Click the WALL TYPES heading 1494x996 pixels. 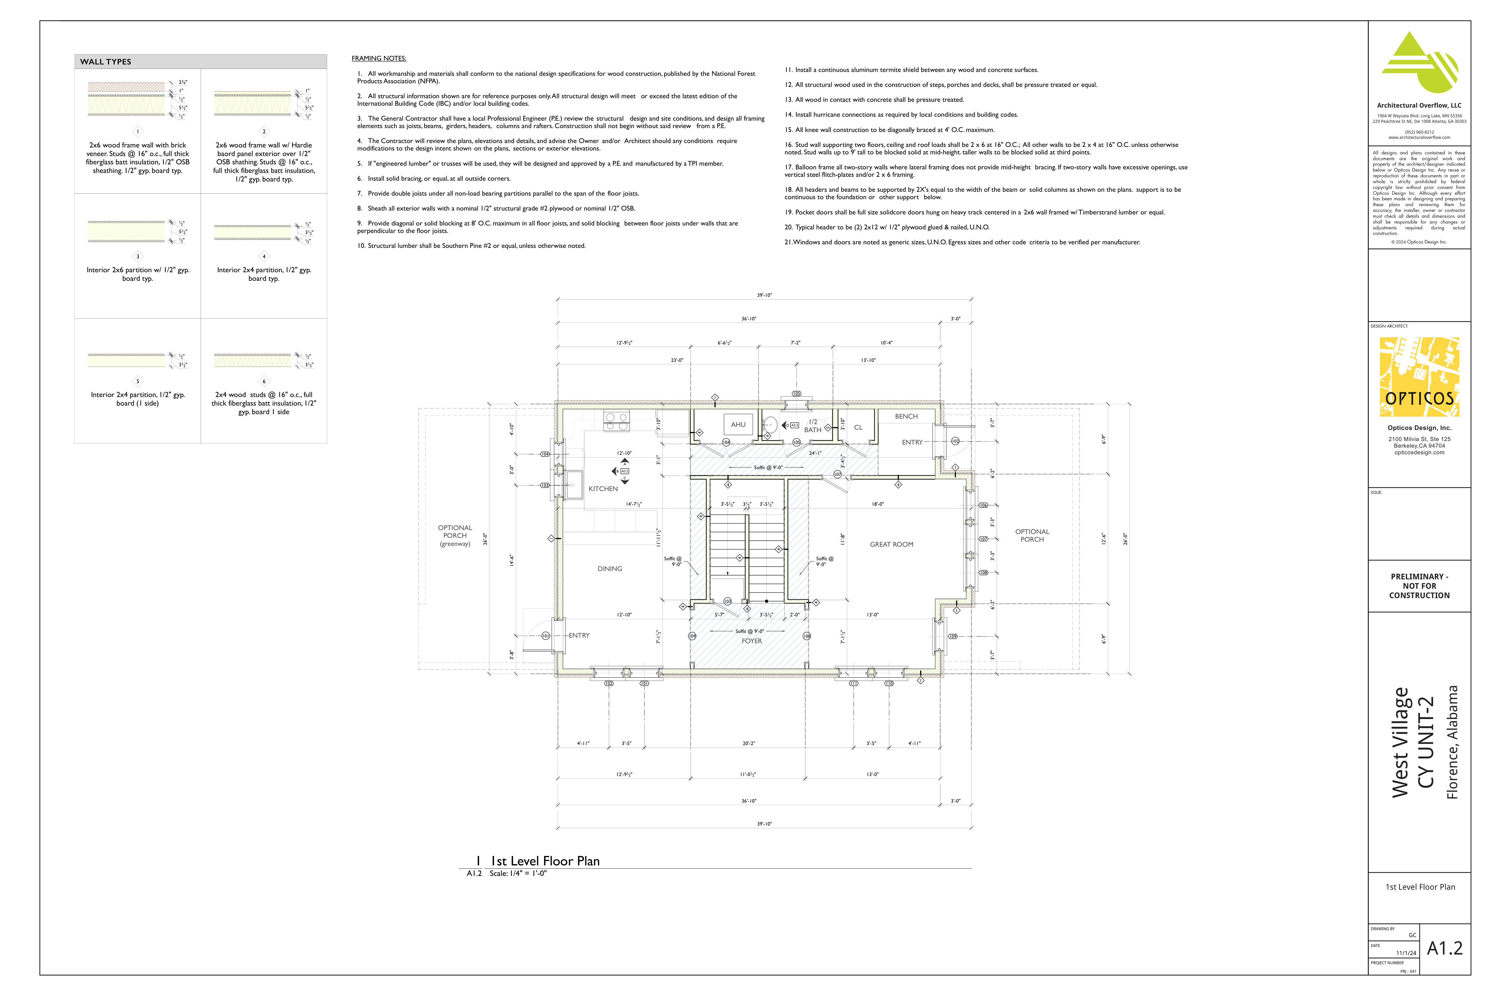[105, 62]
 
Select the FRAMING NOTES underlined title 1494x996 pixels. [379, 58]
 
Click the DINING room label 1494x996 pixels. [609, 569]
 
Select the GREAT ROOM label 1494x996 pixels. [891, 544]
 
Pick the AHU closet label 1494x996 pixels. [738, 424]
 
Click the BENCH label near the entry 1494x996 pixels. [906, 416]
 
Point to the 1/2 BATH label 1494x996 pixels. [813, 426]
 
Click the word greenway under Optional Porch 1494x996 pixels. [455, 544]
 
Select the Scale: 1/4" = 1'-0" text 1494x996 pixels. [518, 873]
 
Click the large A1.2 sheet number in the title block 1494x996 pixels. [1444, 948]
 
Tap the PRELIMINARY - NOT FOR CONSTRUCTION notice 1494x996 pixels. [1419, 586]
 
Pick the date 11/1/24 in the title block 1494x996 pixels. [1406, 953]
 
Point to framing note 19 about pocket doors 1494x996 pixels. [974, 212]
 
